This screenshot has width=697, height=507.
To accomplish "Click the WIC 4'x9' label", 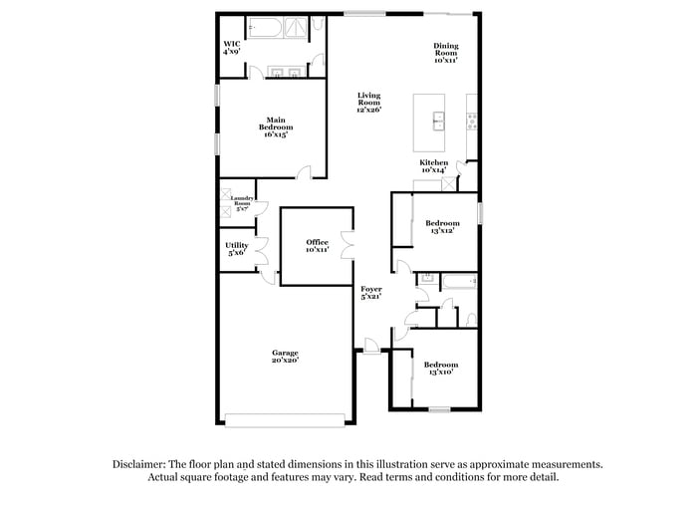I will [x=231, y=47].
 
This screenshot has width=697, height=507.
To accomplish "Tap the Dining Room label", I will [x=445, y=53].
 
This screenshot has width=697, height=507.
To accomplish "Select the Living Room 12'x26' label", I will [x=369, y=102].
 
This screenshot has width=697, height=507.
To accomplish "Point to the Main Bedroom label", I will [x=276, y=127].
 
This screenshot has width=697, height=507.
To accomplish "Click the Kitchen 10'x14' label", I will [x=433, y=165].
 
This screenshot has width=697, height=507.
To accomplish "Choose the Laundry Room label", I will [x=242, y=203].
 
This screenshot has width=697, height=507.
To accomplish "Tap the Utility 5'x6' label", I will [x=237, y=249].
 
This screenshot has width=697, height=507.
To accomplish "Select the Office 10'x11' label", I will [x=317, y=245].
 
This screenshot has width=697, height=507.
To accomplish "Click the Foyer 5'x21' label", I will [x=371, y=292].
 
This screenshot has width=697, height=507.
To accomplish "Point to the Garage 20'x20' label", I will [x=286, y=357].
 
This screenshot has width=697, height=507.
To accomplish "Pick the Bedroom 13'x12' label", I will [x=442, y=226].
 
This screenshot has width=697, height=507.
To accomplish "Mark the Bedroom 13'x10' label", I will [x=442, y=368].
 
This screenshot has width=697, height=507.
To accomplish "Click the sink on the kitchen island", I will [x=438, y=122].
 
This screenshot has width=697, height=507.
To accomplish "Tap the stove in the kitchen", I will [x=472, y=122].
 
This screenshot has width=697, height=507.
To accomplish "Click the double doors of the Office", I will [x=346, y=245].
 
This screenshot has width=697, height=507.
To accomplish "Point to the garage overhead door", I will [x=286, y=419].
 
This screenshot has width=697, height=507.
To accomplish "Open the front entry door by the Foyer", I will [x=370, y=347].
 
